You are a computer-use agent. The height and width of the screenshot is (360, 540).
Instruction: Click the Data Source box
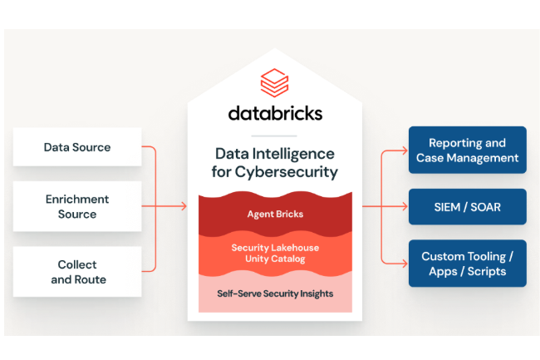(77, 147)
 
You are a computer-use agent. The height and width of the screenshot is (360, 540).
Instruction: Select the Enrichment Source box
(77, 206)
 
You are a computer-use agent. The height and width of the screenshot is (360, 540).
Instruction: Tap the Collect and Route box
(77, 271)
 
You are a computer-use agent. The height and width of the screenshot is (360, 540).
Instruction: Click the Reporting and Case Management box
(467, 150)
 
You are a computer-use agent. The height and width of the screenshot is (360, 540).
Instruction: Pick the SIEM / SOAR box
(467, 206)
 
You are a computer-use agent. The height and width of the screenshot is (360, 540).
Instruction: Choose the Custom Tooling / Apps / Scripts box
(467, 264)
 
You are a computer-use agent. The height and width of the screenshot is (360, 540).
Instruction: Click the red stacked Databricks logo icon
(273, 84)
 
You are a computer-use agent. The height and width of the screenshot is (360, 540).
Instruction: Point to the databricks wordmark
(274, 112)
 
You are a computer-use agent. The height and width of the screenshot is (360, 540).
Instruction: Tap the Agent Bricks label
(275, 214)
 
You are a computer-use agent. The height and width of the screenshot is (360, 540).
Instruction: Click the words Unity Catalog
(275, 259)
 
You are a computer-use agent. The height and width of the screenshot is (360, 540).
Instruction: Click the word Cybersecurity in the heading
(287, 172)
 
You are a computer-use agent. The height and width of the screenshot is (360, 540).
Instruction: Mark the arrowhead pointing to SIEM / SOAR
(403, 206)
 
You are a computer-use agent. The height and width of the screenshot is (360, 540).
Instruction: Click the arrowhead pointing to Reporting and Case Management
(403, 150)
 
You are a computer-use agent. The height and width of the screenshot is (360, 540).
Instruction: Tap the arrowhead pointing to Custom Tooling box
(403, 264)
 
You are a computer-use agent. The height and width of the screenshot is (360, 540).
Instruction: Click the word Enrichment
(77, 200)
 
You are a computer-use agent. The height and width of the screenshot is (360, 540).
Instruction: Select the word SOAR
(484, 206)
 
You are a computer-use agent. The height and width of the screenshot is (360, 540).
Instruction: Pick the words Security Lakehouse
(275, 248)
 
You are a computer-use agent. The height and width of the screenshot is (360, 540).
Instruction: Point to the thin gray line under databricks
(273, 136)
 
